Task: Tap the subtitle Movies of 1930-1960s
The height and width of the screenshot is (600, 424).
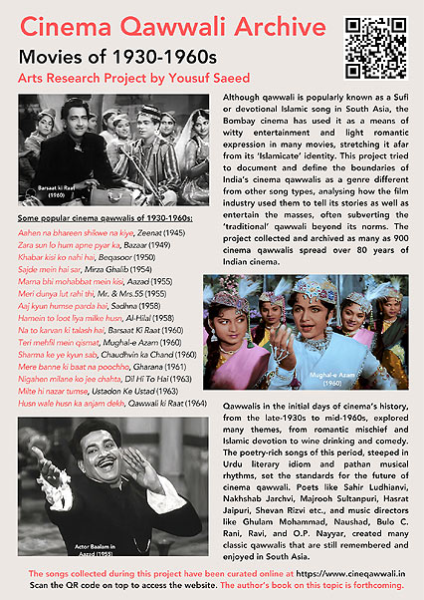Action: (x=107, y=56)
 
